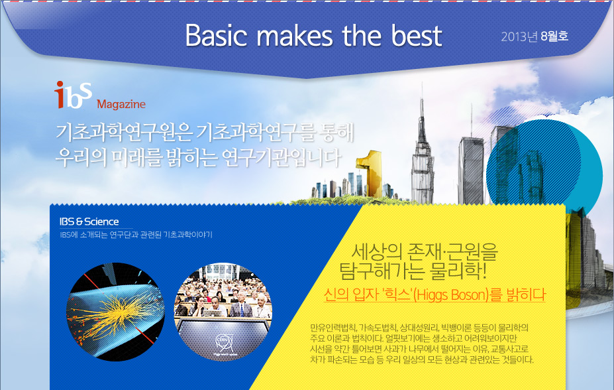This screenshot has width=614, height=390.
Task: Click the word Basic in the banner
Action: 216,36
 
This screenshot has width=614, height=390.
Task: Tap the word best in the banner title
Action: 417,36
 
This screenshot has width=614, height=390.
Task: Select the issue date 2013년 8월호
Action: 535,36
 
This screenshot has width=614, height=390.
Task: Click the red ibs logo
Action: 74,95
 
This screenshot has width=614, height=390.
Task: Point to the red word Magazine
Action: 121,104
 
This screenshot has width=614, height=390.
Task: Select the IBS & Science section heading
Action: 89,222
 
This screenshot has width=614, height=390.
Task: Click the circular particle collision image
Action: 115,312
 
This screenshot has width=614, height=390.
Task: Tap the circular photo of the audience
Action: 223,311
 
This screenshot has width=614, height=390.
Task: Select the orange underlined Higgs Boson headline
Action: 435,294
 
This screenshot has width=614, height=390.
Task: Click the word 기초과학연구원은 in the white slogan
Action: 124,133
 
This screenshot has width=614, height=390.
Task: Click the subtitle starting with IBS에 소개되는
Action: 136,235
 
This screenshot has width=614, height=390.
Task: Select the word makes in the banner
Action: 295,36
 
